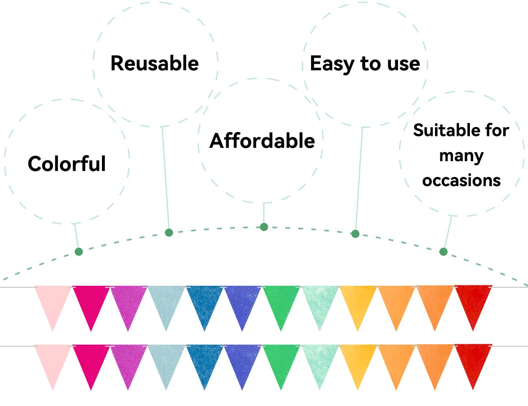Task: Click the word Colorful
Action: tap(67, 164)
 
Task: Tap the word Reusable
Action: tap(154, 63)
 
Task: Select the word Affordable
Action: tap(262, 141)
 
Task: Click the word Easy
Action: tap(332, 64)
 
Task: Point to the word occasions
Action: tap(461, 181)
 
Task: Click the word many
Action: tap(461, 156)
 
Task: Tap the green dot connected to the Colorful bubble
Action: tap(79, 252)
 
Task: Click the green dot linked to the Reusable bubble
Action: tap(169, 233)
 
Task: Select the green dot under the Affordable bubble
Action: tap(264, 227)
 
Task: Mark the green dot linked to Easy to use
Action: tap(355, 234)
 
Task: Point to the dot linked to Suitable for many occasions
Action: tap(444, 252)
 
